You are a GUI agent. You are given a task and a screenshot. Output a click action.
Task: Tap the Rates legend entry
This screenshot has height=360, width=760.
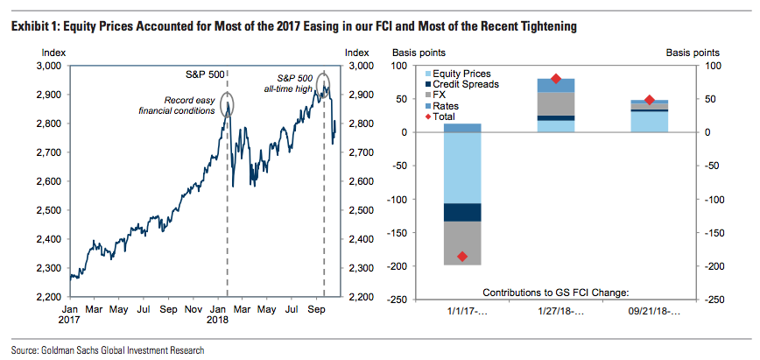coord(447,105)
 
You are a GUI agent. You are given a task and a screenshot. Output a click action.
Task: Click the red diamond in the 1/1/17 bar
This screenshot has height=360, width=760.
coord(462,257)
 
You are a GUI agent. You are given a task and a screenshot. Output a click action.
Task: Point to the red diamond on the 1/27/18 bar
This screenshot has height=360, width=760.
coord(556,80)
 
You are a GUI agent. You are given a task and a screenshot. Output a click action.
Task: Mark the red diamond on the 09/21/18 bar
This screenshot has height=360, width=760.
coord(649,101)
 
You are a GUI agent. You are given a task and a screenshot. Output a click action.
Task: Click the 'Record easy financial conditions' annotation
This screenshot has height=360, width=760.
coord(177,105)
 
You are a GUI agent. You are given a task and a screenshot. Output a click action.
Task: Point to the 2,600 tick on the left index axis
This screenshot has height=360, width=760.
coord(46,181)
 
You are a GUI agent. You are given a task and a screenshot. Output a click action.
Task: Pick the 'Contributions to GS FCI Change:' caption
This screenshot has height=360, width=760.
coord(555,292)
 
